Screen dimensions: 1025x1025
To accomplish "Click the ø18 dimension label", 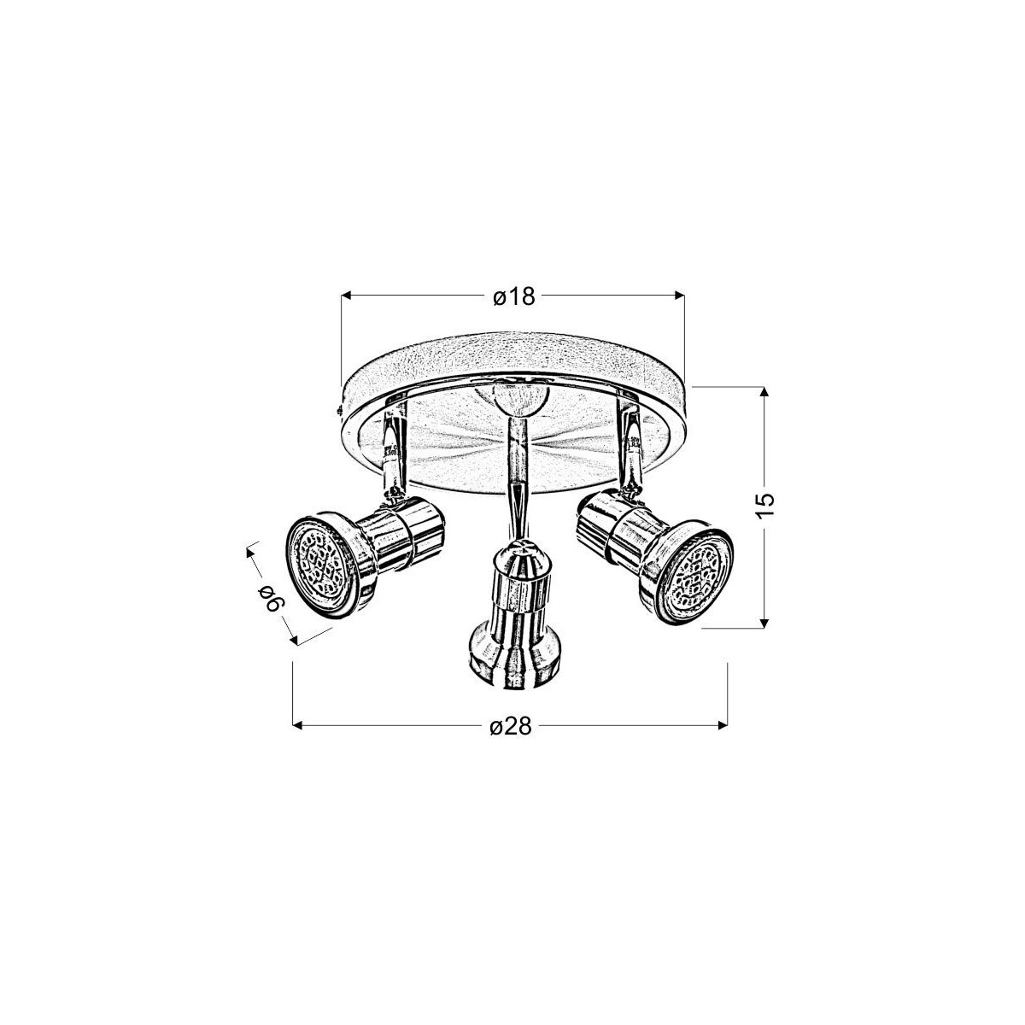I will (513, 296).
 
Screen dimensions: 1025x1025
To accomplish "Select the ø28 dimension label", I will (512, 727).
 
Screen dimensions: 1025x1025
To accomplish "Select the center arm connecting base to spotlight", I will (516, 478).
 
